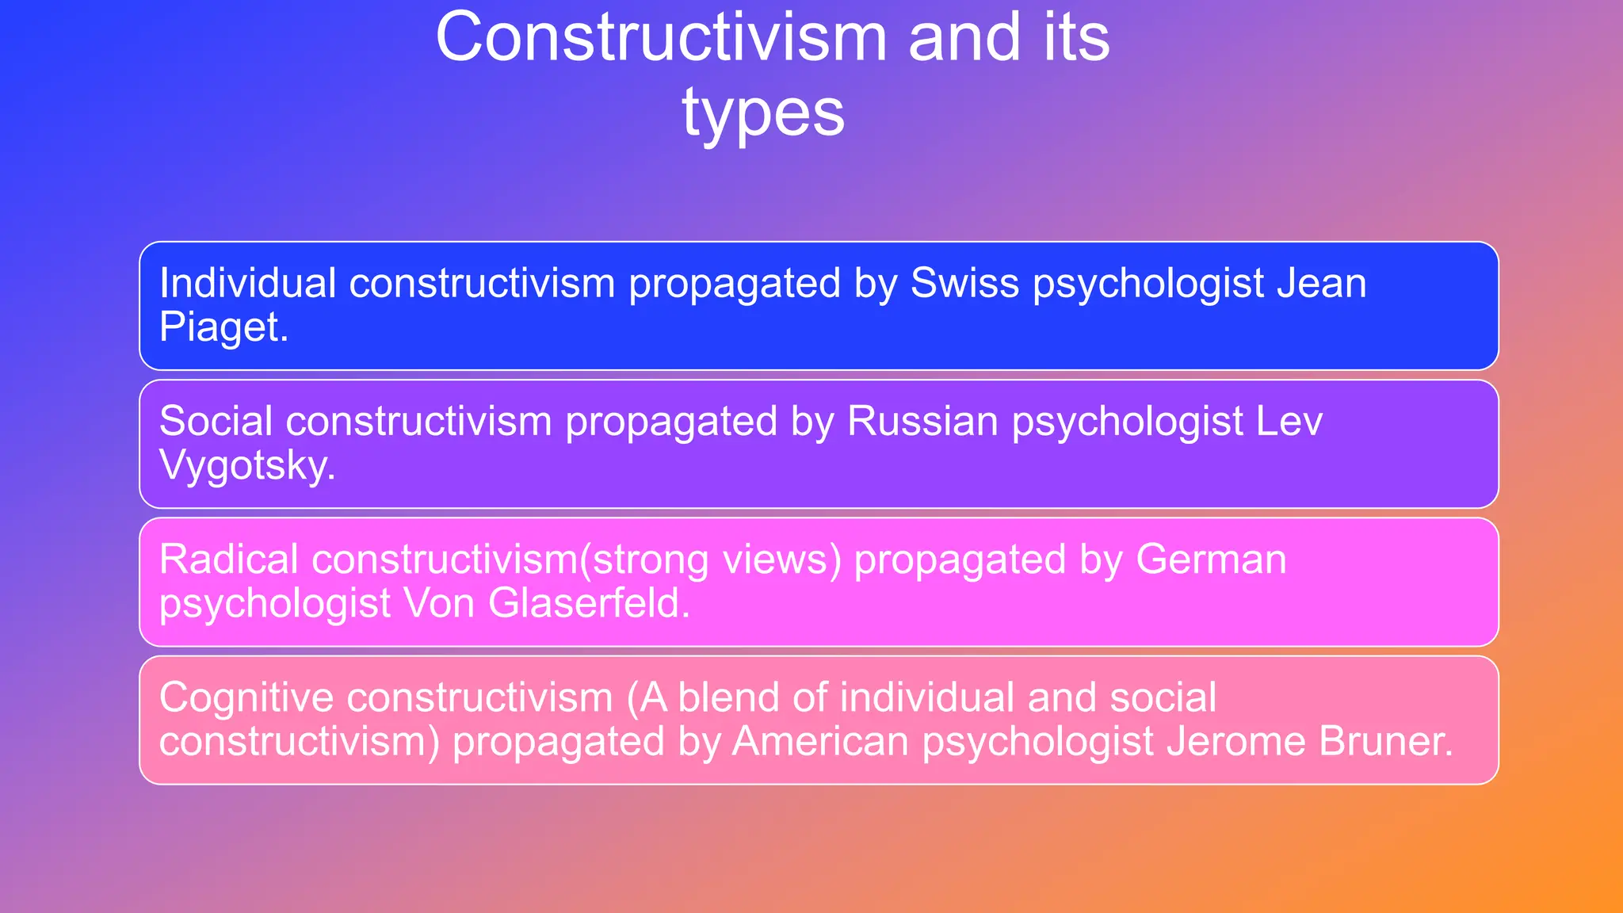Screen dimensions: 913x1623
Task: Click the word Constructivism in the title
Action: pyautogui.click(x=662, y=38)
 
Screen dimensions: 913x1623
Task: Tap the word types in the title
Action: pyautogui.click(x=763, y=113)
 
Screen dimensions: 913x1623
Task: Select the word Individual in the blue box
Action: pyautogui.click(x=248, y=283)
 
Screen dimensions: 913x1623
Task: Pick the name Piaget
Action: pyautogui.click(x=223, y=327)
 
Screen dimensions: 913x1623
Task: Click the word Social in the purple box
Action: pyautogui.click(x=216, y=421)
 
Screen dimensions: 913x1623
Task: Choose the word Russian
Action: pyautogui.click(x=922, y=421)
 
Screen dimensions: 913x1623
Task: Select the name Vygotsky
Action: pyautogui.click(x=246, y=465)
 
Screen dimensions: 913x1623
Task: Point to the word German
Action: pyautogui.click(x=1211, y=560)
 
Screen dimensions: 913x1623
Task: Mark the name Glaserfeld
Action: pyautogui.click(x=588, y=603)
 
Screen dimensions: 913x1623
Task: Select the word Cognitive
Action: pyautogui.click(x=246, y=697)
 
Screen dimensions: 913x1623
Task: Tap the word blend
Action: pyautogui.click(x=728, y=697)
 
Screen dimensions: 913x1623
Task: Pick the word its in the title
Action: pyautogui.click(x=1076, y=38)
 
